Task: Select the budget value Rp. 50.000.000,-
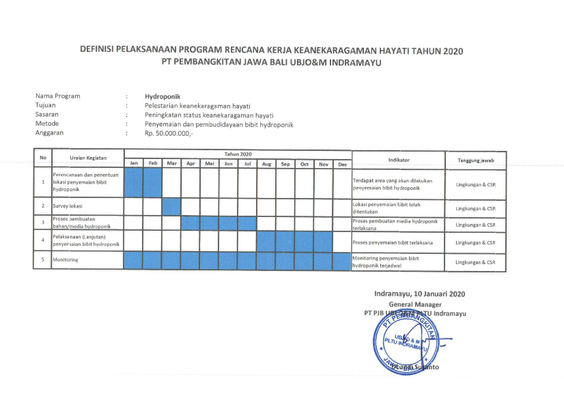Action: [x=169, y=134]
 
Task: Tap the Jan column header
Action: [x=134, y=164]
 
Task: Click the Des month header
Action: [x=342, y=164]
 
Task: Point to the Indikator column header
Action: [x=398, y=159]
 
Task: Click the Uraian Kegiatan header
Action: [x=88, y=158]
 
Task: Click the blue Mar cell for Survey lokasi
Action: [x=171, y=206]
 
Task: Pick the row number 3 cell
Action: [x=43, y=223]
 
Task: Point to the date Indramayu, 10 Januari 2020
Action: [x=419, y=294]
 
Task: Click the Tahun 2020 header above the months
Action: [x=238, y=154]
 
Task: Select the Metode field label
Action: [x=47, y=124]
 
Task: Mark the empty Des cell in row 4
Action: [x=342, y=241]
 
